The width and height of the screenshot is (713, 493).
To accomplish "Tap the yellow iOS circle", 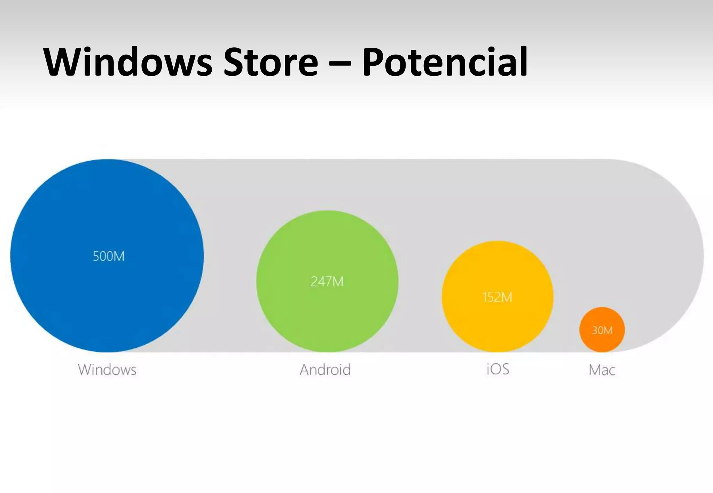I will (x=497, y=323).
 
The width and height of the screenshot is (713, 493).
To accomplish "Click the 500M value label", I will (x=108, y=256).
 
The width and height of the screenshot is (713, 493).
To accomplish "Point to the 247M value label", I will (x=327, y=282).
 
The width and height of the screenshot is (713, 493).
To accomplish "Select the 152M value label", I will (x=497, y=297).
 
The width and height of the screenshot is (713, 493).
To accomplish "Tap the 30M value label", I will (x=602, y=330).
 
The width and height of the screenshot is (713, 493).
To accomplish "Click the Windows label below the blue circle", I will (x=107, y=370).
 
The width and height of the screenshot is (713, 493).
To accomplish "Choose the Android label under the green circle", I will (x=325, y=370).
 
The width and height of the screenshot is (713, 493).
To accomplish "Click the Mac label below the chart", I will (x=602, y=370).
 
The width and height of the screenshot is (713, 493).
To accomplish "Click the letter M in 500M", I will (x=118, y=256).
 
